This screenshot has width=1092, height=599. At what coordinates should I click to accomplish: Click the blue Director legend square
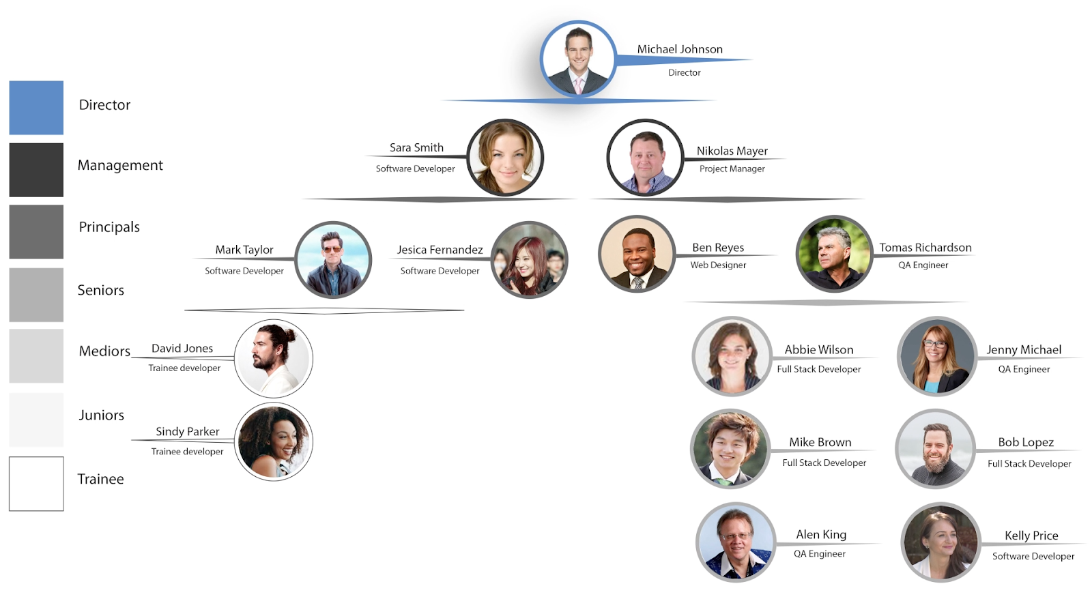point(36,108)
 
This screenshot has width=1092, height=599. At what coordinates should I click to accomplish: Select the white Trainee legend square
point(36,484)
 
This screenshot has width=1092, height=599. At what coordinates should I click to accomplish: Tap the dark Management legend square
point(36,170)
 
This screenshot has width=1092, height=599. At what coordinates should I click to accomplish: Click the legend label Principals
point(109,227)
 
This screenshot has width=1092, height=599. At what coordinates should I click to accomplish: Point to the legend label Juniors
point(101,415)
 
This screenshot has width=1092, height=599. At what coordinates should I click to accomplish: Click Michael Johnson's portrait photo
point(578,60)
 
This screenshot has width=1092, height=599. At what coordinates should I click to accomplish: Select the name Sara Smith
point(416,148)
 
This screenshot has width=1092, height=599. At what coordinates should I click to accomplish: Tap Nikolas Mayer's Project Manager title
point(732,169)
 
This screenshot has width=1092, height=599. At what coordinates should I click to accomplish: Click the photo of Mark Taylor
point(333,260)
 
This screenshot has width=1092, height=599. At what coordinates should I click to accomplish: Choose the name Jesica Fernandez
point(440,250)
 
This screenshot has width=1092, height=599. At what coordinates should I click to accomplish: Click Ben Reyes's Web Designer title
point(718,265)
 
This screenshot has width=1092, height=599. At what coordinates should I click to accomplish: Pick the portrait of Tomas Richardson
point(834,254)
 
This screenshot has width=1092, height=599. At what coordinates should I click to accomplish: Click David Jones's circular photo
point(274,358)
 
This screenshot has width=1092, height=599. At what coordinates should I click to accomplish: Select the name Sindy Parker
point(187,432)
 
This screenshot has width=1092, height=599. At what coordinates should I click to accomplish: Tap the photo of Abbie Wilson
point(732,355)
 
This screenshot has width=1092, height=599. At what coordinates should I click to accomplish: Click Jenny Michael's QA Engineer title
point(1024,370)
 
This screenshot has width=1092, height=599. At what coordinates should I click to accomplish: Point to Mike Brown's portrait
point(730,449)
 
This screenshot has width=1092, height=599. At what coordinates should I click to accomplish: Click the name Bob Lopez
point(1026,443)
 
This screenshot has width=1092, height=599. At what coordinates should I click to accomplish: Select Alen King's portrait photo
point(736,542)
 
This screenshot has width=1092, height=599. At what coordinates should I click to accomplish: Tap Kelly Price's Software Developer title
point(1033,557)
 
